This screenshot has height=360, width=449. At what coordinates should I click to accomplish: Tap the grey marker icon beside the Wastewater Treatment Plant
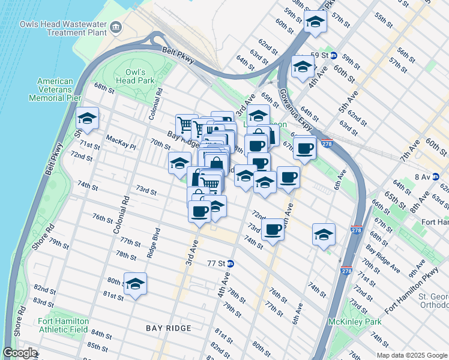[116, 27]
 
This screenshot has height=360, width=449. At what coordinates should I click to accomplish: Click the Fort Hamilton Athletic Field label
[62, 325]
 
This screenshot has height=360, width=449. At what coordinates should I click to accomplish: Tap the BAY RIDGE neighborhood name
[169, 328]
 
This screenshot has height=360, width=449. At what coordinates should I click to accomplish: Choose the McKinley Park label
[355, 322]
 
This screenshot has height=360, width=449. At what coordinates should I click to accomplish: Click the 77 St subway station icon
[231, 263]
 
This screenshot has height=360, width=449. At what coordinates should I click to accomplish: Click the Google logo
[20, 353]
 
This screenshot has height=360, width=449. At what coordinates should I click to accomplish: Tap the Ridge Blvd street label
[154, 243]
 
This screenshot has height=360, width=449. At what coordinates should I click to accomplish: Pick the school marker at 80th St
[135, 284]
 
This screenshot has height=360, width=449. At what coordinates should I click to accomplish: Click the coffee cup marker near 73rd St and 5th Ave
[273, 229]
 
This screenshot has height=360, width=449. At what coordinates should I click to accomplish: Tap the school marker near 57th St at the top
[315, 22]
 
